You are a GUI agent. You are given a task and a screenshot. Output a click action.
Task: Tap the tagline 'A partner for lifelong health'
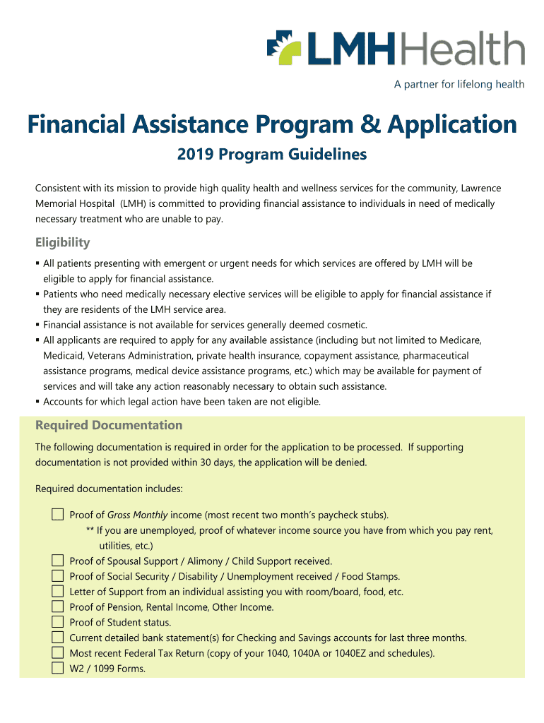click(x=459, y=85)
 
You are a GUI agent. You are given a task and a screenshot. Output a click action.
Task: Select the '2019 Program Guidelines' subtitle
click(x=272, y=154)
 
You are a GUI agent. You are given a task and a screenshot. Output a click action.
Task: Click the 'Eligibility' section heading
click(x=63, y=243)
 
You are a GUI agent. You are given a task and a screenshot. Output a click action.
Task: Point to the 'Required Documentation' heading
click(x=109, y=425)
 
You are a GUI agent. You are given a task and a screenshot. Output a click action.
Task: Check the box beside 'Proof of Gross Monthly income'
click(x=57, y=514)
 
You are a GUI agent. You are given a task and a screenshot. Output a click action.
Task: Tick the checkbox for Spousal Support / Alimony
click(x=57, y=561)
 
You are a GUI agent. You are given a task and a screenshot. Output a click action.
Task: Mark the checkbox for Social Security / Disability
click(x=57, y=576)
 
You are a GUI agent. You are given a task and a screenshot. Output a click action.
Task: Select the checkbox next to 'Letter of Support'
click(x=57, y=592)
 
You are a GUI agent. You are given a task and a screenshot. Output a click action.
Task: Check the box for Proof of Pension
click(x=57, y=607)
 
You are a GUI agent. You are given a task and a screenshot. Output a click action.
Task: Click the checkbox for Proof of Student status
click(x=57, y=622)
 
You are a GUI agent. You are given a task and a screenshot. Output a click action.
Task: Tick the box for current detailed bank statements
click(x=57, y=638)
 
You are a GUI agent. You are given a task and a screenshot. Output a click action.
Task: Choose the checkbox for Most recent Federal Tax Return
click(x=57, y=653)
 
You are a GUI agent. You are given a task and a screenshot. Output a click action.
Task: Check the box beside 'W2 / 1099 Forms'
click(x=57, y=668)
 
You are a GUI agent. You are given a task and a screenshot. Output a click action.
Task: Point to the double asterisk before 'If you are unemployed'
click(x=90, y=531)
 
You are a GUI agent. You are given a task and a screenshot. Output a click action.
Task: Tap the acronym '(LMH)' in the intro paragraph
click(x=133, y=203)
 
